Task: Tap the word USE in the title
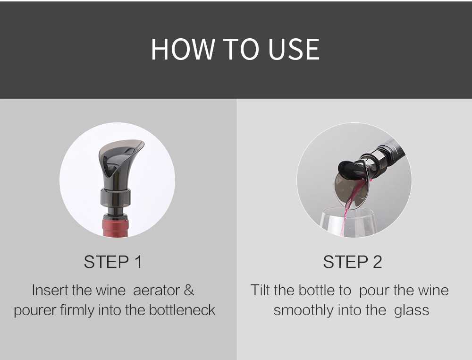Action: [294, 49]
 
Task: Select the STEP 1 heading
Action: [113, 261]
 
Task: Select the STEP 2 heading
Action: [353, 261]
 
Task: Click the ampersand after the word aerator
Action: [189, 290]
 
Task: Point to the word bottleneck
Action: [182, 310]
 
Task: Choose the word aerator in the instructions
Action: [156, 291]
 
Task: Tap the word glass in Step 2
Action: [412, 310]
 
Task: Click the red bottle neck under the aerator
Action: [116, 226]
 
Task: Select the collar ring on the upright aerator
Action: [115, 198]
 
